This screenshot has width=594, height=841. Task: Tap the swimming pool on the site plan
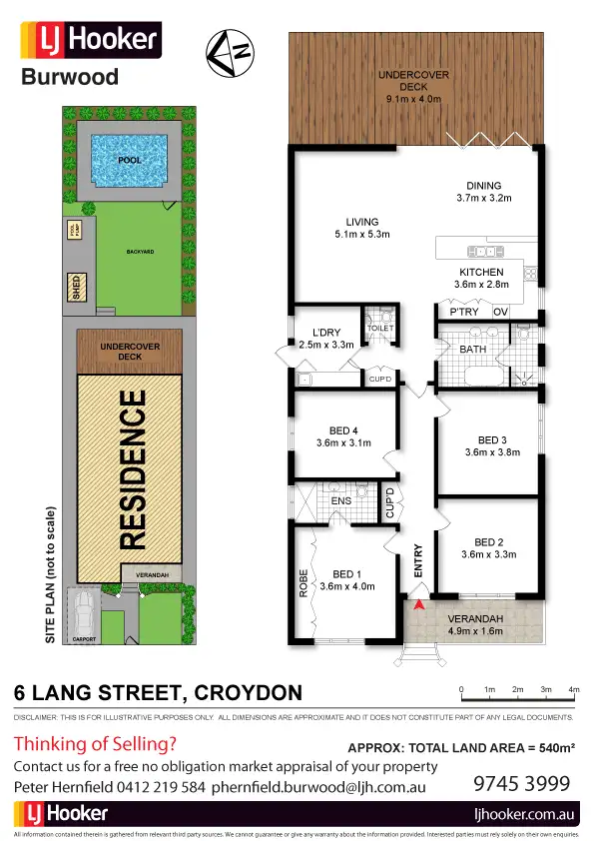click(x=129, y=159)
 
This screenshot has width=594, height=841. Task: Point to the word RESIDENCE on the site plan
click(x=133, y=470)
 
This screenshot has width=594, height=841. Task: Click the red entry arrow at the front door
click(x=419, y=602)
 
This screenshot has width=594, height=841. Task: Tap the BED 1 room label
click(x=345, y=574)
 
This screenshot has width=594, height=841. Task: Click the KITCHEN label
click(x=481, y=272)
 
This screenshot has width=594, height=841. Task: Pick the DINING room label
click(x=483, y=185)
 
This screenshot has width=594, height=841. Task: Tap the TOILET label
click(x=381, y=328)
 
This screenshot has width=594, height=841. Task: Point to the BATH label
click(x=472, y=350)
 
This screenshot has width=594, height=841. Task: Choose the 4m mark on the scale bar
click(x=574, y=690)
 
